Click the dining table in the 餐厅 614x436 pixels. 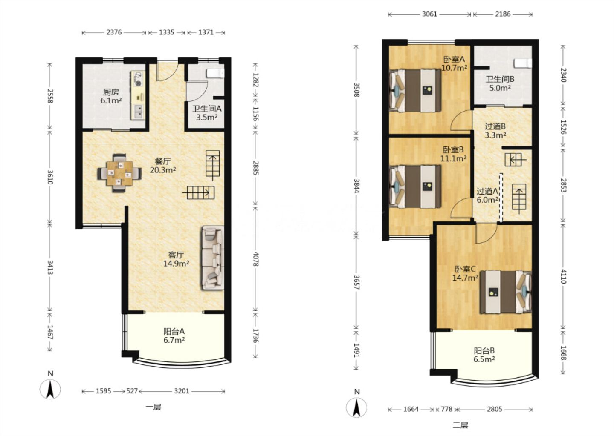pyautogui.click(x=119, y=173)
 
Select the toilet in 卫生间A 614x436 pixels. pyautogui.click(x=215, y=73)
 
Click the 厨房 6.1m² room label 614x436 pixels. pyautogui.click(x=111, y=96)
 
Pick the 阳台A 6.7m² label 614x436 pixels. pyautogui.click(x=174, y=336)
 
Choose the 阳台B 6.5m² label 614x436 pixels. pyautogui.click(x=484, y=355)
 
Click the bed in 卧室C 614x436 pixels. pyautogui.click(x=506, y=292)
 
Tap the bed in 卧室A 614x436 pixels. pyautogui.click(x=415, y=91)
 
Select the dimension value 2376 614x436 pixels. pyautogui.click(x=114, y=32)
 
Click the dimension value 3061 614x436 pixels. pyautogui.click(x=429, y=14)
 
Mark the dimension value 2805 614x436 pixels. pyautogui.click(x=495, y=409)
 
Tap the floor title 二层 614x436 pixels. pyautogui.click(x=460, y=425)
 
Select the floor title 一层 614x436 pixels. pyautogui.click(x=153, y=407)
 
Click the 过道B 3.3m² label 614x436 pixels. pyautogui.click(x=495, y=131)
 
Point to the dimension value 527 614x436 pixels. pyautogui.click(x=132, y=391)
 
